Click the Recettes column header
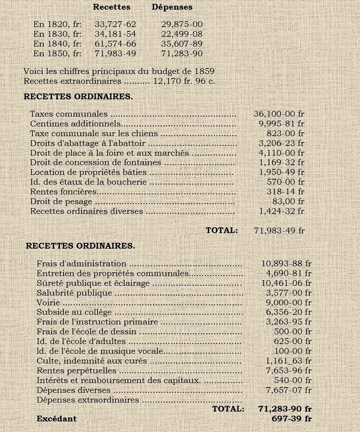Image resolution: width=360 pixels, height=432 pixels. click(112, 7)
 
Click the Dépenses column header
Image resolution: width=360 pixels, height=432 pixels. click(172, 7)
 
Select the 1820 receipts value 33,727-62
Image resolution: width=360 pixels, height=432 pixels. click(115, 25)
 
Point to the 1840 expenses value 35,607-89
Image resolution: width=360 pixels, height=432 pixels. click(182, 44)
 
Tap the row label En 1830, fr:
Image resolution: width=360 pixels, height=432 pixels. click(57, 34)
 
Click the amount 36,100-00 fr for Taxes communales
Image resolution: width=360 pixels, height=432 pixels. click(279, 114)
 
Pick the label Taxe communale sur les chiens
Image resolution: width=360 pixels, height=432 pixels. click(94, 134)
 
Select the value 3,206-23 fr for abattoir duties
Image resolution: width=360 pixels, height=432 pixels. click(282, 143)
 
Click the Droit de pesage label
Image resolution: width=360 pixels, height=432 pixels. click(61, 201)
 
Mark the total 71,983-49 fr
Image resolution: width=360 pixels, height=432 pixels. click(279, 231)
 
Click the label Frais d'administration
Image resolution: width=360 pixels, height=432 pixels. click(82, 264)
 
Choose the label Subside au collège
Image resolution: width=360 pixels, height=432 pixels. click(74, 312)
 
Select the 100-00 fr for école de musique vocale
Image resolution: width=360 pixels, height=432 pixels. click(292, 351)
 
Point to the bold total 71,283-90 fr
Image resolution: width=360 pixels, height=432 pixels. click(285, 409)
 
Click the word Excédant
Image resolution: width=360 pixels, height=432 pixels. click(57, 419)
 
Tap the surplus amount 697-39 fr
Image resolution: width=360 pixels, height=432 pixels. click(292, 419)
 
